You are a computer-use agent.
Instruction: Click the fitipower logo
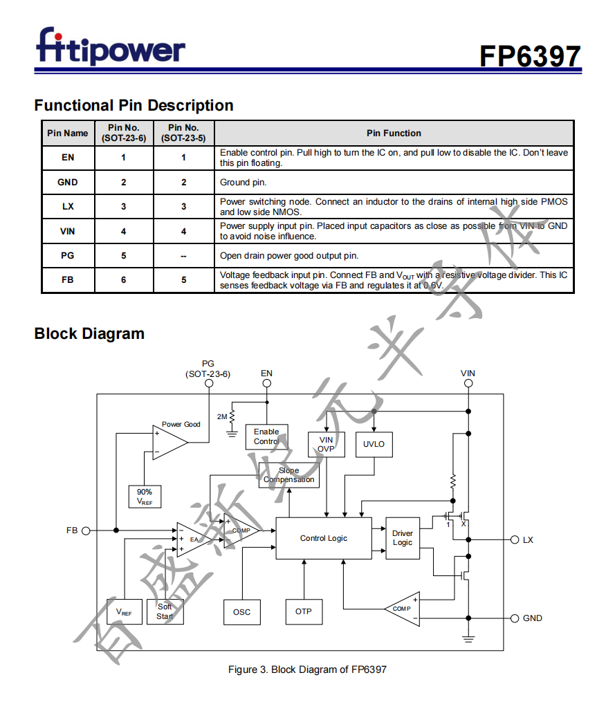pos(110,47)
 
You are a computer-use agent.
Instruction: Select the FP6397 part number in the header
pos(531,56)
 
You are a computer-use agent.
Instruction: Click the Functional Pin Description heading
pos(134,106)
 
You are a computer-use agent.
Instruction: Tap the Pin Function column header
pos(394,133)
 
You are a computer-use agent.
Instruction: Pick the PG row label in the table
pos(68,255)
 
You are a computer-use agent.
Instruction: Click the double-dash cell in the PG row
pos(183,255)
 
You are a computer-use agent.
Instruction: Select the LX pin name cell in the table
pos(68,206)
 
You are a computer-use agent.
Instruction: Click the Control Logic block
pos(324,538)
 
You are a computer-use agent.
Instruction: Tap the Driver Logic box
pos(402,538)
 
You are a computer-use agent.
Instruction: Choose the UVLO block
pos(374,444)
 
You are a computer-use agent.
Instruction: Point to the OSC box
pos(241,612)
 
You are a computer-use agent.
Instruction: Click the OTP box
pos(304,612)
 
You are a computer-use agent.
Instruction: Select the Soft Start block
pos(165,612)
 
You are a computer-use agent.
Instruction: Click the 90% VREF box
pos(145,497)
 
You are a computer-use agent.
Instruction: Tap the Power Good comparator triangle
pos(168,443)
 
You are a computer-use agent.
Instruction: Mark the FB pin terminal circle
pos(86,530)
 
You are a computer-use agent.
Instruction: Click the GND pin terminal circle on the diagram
pos(514,618)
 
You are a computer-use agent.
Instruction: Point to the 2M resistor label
pos(222,417)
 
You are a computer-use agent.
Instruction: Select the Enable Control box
pos(266,436)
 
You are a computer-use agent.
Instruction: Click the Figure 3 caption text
pos(307,669)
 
